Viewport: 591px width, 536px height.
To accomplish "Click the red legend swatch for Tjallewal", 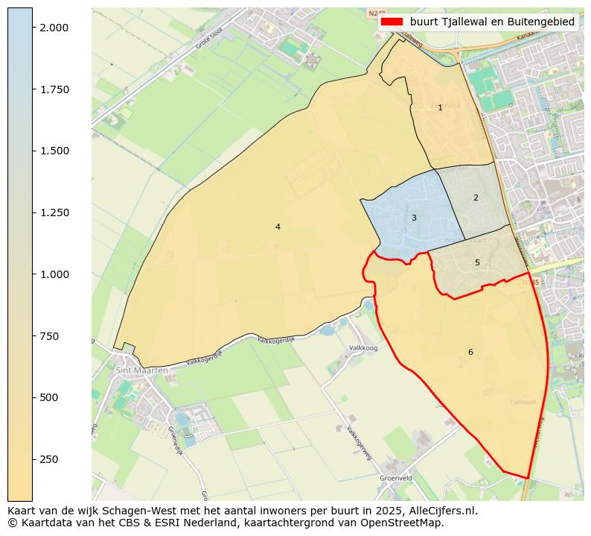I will [391, 22].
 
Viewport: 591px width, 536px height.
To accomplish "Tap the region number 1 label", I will [440, 108].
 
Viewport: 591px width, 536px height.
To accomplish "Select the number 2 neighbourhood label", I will [476, 198].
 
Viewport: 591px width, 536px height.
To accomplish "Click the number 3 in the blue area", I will [414, 218].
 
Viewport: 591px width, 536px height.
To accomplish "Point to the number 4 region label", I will [278, 227].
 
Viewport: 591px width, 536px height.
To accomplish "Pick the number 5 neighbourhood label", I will [477, 262].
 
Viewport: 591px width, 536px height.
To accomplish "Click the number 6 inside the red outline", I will [470, 352].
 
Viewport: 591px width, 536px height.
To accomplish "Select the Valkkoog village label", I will [363, 348].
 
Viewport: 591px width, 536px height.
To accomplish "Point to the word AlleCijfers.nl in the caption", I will [438, 511].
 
